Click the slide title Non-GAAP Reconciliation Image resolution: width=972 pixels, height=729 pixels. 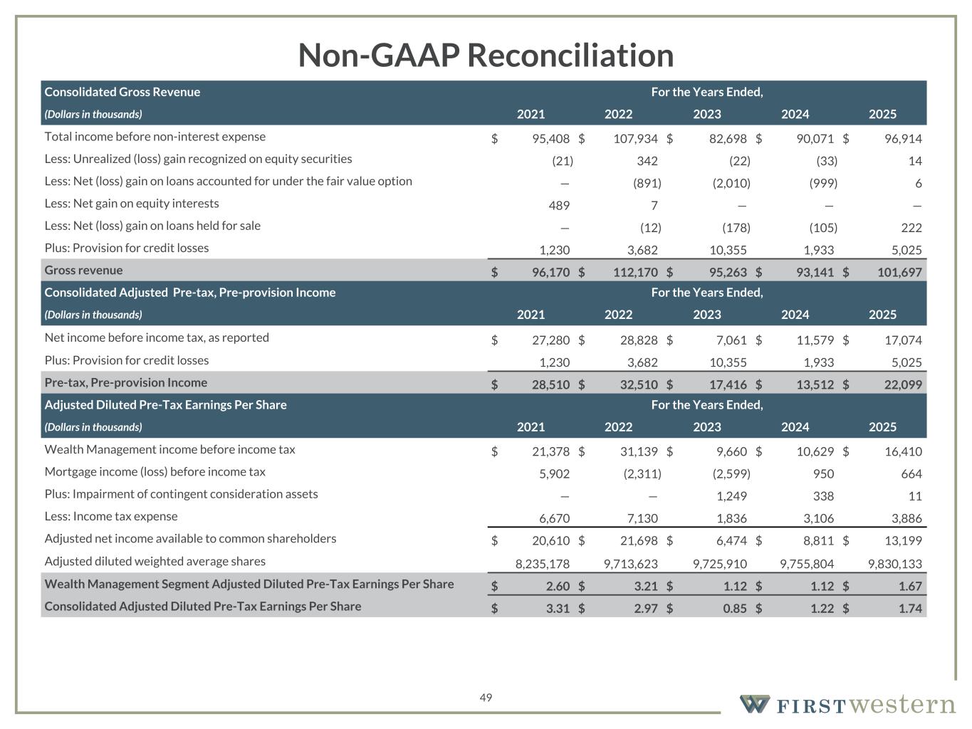(x=486, y=56)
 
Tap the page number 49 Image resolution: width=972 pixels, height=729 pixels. (x=486, y=698)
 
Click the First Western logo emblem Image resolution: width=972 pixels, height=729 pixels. (x=755, y=704)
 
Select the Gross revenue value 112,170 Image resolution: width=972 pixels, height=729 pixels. (x=635, y=272)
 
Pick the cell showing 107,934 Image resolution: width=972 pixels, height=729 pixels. (x=635, y=139)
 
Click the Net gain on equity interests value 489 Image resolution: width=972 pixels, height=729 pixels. (x=559, y=205)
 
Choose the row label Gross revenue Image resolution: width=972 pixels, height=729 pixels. (x=84, y=270)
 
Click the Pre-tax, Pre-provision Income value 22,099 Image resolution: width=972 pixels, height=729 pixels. (x=903, y=384)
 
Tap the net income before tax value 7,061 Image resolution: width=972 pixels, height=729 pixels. (x=731, y=340)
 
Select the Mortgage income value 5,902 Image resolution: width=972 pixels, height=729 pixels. (x=555, y=474)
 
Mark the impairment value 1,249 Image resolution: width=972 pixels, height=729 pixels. (x=731, y=496)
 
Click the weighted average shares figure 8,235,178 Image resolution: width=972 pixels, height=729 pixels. (x=543, y=564)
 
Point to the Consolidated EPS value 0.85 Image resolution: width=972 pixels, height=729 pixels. (x=735, y=609)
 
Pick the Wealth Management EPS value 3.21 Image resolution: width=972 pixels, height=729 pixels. (x=646, y=587)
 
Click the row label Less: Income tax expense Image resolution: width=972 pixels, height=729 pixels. (x=111, y=516)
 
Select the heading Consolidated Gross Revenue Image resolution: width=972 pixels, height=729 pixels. (x=122, y=92)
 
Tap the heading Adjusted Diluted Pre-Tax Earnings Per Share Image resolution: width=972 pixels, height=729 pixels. (x=166, y=405)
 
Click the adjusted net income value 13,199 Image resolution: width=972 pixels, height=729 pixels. (x=903, y=540)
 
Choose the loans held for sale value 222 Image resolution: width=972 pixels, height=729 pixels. (x=911, y=228)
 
